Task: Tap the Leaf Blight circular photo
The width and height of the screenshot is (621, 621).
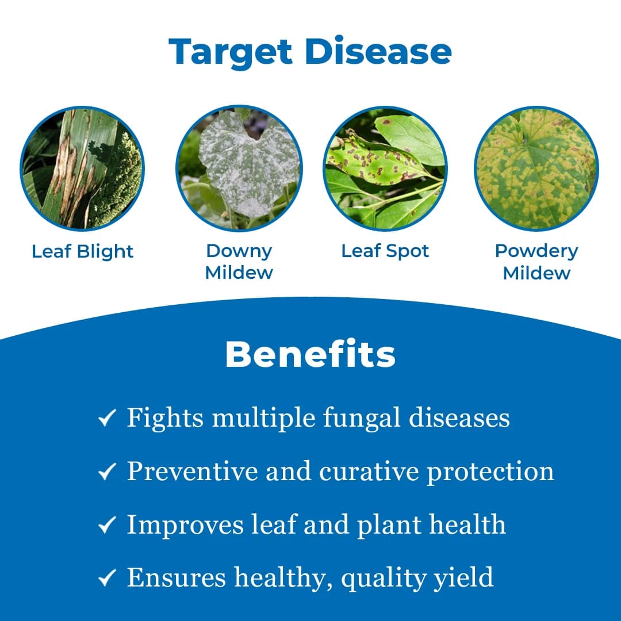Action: pos(82,168)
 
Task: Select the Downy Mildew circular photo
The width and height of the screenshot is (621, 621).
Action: pos(239,168)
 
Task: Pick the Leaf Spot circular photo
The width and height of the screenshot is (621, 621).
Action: pos(385,168)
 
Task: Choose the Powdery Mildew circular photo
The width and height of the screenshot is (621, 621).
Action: pos(536,168)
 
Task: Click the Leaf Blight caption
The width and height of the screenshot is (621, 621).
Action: pos(82,251)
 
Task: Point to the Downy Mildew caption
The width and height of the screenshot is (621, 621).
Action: pos(239,261)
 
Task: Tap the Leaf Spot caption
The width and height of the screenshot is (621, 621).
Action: pos(385,251)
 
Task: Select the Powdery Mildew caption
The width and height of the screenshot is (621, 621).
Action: pos(536,261)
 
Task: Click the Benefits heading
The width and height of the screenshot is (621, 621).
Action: pos(310,355)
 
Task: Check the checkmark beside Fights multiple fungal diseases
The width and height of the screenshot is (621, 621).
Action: pos(107,418)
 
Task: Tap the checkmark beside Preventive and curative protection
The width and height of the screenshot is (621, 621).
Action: pos(107,471)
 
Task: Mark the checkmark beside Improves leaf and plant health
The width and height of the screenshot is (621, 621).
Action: pos(107,525)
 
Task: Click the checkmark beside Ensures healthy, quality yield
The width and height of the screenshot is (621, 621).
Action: pos(107,577)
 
